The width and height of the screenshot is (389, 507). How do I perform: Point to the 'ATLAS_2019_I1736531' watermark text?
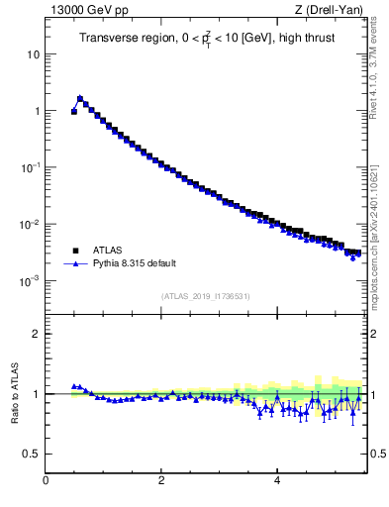click(x=205, y=296)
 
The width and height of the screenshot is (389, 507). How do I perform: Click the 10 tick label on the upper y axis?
click(x=33, y=54)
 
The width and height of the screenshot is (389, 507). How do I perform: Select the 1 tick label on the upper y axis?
click(x=36, y=111)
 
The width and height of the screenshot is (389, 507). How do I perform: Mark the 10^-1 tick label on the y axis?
click(x=31, y=167)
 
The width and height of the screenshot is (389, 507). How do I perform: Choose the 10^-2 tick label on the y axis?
click(x=31, y=224)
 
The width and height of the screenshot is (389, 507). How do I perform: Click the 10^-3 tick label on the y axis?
click(x=31, y=281)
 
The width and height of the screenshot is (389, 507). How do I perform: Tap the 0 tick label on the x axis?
click(x=46, y=482)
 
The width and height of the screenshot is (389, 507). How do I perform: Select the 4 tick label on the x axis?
click(x=276, y=482)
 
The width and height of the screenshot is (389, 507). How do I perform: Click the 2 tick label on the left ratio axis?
click(x=36, y=334)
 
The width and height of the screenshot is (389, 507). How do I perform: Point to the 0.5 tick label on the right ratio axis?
click(x=378, y=455)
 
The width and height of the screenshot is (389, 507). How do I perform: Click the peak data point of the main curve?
click(x=80, y=98)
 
